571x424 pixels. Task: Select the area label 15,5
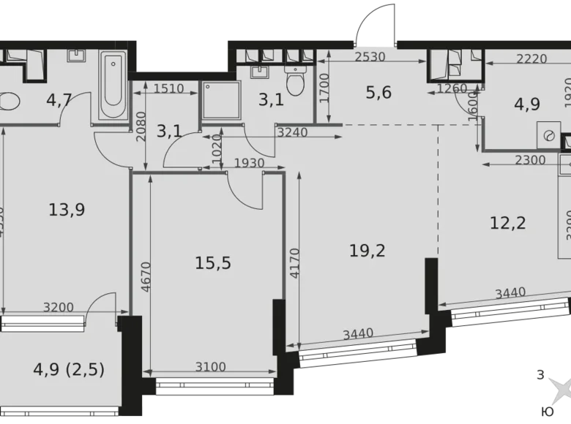click(214, 262)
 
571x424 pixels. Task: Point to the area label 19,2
click(368, 251)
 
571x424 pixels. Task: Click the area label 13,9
click(67, 210)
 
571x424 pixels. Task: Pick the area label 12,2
click(508, 222)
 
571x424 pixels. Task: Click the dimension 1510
click(169, 89)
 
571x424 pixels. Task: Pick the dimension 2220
click(531, 60)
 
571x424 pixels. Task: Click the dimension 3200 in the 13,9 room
click(58, 307)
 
